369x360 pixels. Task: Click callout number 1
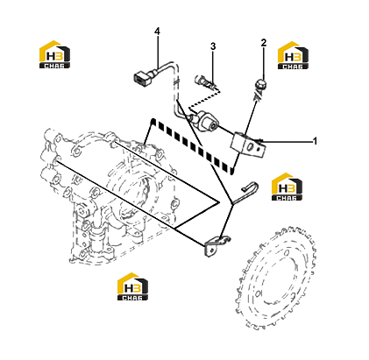315,141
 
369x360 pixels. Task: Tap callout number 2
264,43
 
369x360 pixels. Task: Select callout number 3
213,46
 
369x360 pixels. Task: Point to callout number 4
157,31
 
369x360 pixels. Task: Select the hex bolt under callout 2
259,85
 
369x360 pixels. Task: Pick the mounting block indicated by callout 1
248,144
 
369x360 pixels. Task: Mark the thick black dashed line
192,146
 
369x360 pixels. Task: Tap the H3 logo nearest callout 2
293,55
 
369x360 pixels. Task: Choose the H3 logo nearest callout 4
54,54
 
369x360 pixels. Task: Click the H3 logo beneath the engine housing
132,286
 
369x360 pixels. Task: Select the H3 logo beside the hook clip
287,187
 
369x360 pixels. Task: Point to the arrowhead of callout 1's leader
259,141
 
